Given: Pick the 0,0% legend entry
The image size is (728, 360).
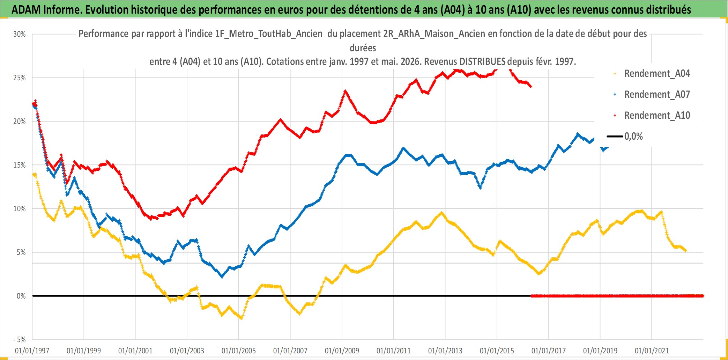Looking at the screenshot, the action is coord(625,136).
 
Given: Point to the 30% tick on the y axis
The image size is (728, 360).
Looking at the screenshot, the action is coord(20,34).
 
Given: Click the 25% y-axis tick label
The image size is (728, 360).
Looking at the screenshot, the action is coord(20,78).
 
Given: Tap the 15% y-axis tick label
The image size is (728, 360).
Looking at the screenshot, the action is coord(20,165).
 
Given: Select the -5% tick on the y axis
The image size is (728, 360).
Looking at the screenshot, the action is coord(20,340).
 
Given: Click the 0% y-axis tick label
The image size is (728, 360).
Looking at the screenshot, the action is coord(21,296).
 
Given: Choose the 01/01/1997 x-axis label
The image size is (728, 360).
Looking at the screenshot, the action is coord(32,351).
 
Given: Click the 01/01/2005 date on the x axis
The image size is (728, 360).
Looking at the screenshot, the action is coord(239,351).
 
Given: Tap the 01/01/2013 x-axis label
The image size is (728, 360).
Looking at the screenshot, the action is coord(445,351).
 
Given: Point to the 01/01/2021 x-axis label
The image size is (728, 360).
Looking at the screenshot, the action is coord(652,351).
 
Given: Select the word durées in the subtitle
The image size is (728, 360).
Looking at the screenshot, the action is coord(363,48).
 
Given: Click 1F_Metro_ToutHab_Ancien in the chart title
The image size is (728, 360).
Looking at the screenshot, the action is coord(269,34).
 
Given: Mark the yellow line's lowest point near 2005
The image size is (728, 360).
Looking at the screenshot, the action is coord(241,318).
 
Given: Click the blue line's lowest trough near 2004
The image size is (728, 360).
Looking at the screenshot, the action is coord(222,277).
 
